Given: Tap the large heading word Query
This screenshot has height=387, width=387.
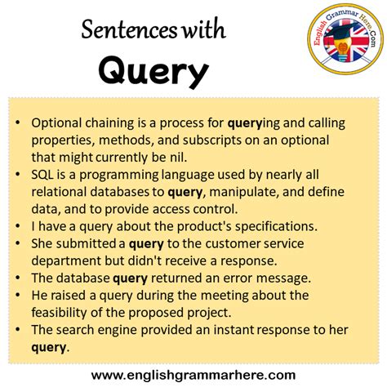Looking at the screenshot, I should coord(153,73).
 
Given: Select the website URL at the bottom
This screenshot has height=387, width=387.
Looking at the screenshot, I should coord(193,375).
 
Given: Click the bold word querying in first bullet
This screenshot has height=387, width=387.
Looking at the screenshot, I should coord(264,122).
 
